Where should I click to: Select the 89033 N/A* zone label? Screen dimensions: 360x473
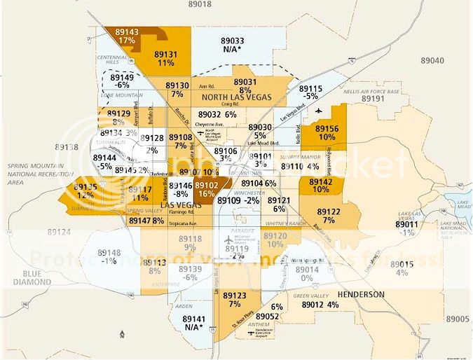233,41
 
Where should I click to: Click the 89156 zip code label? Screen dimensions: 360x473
327,129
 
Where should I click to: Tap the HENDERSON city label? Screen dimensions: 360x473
360,293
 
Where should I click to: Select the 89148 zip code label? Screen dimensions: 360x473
109,253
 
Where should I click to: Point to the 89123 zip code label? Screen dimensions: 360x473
235,296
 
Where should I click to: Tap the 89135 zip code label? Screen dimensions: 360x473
85,188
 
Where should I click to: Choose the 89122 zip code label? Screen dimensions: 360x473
329,211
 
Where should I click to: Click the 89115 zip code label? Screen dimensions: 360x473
310,89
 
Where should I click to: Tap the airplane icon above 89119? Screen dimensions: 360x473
228,240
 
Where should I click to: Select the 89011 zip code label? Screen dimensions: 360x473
408,225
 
